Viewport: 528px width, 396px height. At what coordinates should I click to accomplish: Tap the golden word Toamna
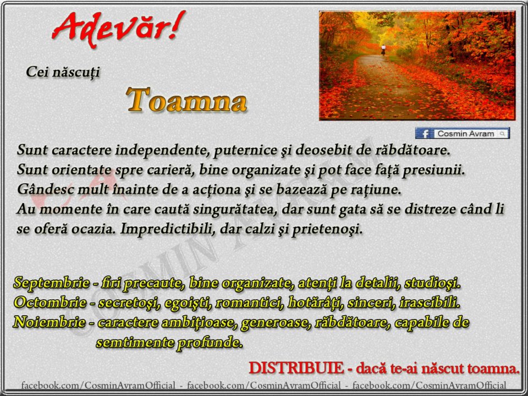(186, 100)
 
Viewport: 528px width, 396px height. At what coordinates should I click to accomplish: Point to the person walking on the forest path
(383, 50)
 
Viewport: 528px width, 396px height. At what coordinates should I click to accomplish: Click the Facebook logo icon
(424, 133)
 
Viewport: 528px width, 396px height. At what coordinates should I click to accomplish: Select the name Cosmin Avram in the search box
(465, 134)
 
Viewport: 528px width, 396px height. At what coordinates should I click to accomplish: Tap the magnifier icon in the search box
(502, 134)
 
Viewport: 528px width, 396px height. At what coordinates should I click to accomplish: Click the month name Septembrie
(51, 283)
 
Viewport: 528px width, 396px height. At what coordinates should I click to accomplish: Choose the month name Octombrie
(50, 302)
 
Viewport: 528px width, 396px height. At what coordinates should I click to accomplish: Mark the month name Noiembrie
(49, 322)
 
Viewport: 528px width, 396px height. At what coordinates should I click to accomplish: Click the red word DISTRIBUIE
(296, 368)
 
